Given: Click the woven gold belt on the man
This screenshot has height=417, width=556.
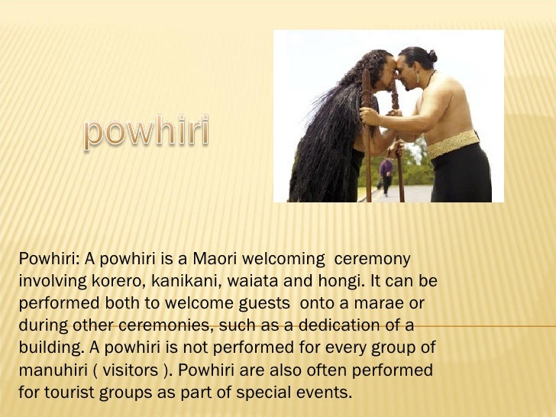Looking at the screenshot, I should pyautogui.click(x=453, y=144).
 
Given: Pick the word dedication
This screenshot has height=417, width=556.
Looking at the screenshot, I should pyautogui.click(x=341, y=325).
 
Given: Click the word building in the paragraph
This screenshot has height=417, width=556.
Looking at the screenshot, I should pyautogui.click(x=47, y=348).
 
